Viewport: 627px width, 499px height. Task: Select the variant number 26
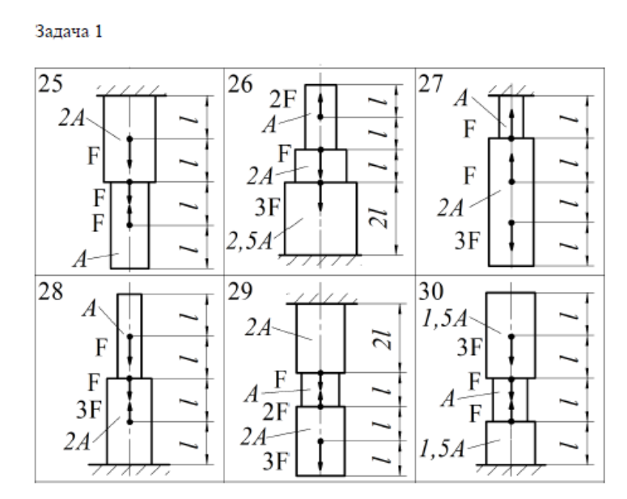[x=240, y=83]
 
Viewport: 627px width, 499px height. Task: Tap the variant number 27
[x=434, y=83]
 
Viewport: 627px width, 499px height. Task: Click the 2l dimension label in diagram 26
[x=391, y=218]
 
